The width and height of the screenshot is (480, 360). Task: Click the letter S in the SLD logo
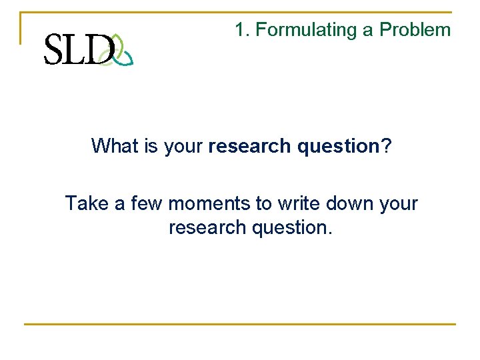pos(55,50)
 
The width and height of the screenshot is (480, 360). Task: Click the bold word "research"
pos(250,145)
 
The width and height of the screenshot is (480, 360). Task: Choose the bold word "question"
pos(338,146)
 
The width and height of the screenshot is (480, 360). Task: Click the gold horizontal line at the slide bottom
pos(240,325)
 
